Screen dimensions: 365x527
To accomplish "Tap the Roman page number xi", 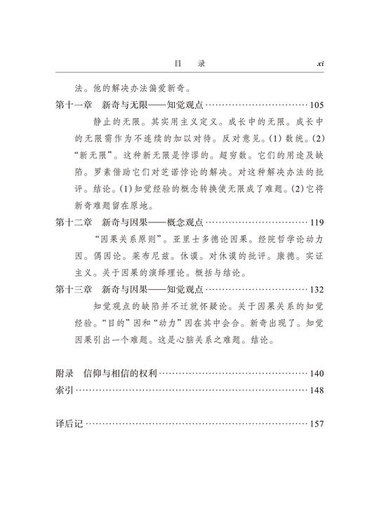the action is coord(319,62).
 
